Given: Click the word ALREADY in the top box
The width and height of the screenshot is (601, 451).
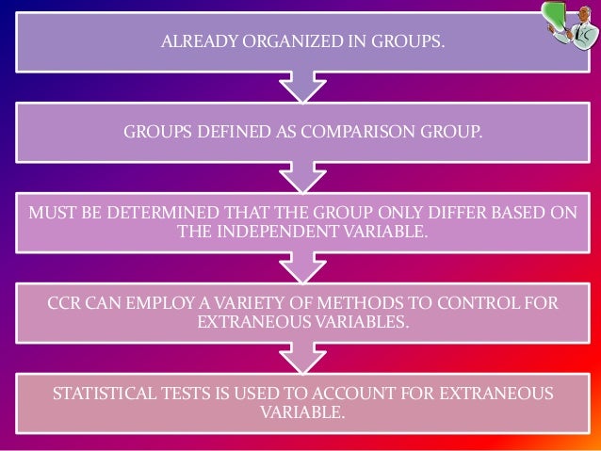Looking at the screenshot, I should click(x=193, y=41).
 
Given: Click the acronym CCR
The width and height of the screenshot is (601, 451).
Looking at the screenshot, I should click(x=64, y=303).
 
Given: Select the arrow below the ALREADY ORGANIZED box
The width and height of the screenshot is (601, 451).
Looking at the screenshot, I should click(x=300, y=87).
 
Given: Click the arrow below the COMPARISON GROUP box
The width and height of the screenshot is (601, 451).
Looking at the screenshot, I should click(x=300, y=177).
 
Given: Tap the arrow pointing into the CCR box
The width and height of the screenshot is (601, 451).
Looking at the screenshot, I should click(x=300, y=268).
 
